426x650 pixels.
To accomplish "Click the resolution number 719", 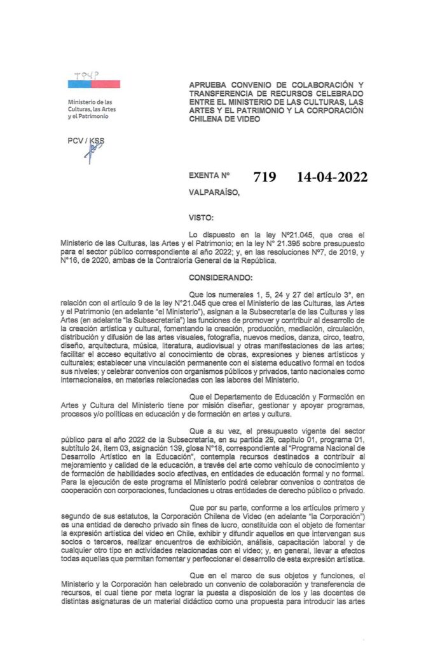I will pyautogui.click(x=265, y=178).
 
